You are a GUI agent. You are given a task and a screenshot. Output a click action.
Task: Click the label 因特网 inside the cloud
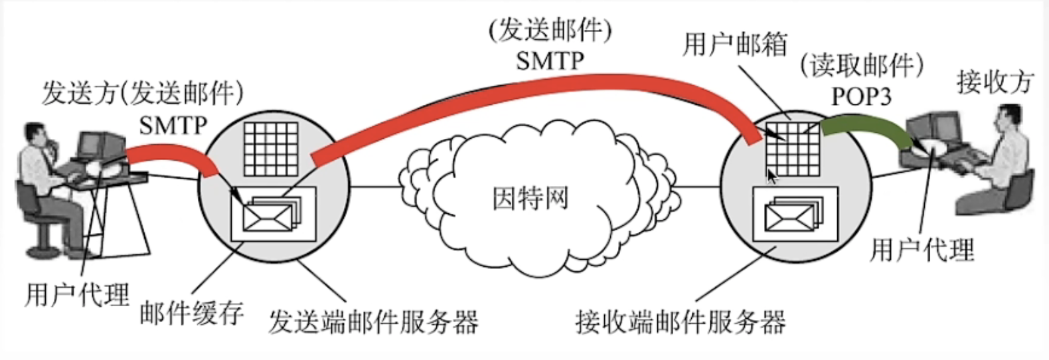pyautogui.click(x=530, y=198)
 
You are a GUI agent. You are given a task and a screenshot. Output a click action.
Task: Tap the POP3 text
pyautogui.click(x=861, y=97)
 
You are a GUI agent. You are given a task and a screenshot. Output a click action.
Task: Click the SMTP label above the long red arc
pyautogui.click(x=550, y=60)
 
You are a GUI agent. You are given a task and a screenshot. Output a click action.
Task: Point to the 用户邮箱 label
pyautogui.click(x=735, y=45)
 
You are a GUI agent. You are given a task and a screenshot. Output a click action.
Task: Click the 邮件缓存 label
pyautogui.click(x=191, y=313)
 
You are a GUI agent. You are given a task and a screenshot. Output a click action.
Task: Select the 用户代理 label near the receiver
pyautogui.click(x=922, y=250)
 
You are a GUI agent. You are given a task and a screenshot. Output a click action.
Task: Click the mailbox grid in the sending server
pyautogui.click(x=270, y=149)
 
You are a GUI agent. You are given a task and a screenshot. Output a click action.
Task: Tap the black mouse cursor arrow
pyautogui.click(x=772, y=176)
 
